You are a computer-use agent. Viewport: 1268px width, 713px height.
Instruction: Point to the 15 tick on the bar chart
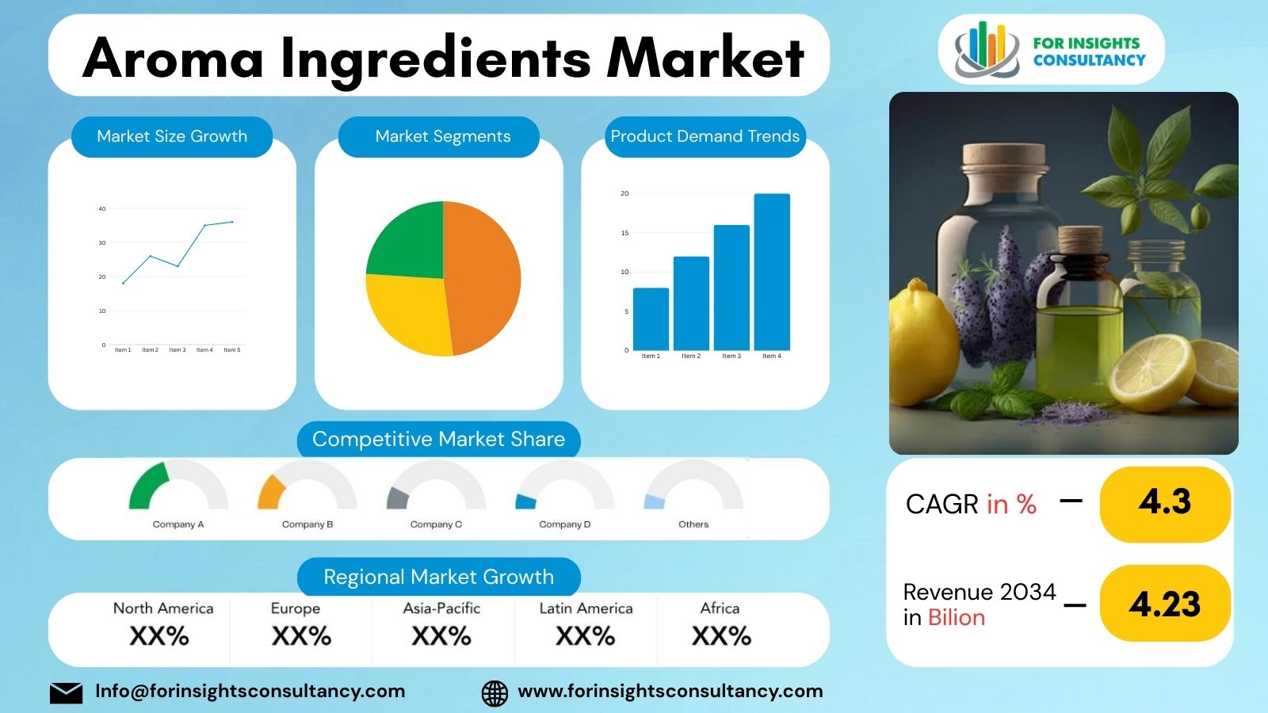pyautogui.click(x=624, y=233)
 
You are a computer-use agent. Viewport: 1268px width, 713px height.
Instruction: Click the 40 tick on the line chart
pyautogui.click(x=102, y=209)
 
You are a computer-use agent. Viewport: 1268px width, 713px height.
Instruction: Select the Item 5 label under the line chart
pyautogui.click(x=231, y=350)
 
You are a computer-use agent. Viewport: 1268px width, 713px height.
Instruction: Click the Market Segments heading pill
pyautogui.click(x=442, y=136)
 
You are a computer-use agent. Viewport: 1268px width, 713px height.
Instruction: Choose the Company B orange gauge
pyautogui.click(x=270, y=492)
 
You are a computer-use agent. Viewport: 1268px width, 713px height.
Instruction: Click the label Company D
pyautogui.click(x=564, y=524)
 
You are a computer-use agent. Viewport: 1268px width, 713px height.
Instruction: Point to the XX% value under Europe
pyautogui.click(x=301, y=636)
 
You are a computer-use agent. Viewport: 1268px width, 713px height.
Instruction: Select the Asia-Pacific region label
pyautogui.click(x=441, y=608)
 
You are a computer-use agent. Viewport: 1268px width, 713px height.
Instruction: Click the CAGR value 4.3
pyautogui.click(x=1165, y=503)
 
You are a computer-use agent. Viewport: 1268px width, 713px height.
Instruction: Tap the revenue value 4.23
pyautogui.click(x=1165, y=604)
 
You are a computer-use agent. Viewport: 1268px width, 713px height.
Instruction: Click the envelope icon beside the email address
pyautogui.click(x=66, y=692)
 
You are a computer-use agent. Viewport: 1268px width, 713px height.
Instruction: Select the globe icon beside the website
pyautogui.click(x=495, y=692)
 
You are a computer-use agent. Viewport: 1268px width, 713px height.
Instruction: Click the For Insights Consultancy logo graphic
pyautogui.click(x=986, y=50)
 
